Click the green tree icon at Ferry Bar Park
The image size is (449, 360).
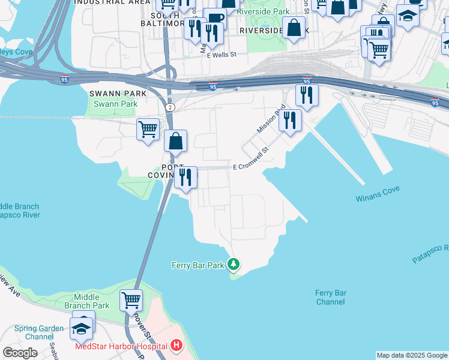[x=234, y=265]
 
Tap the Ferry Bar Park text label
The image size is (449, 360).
[x=197, y=265]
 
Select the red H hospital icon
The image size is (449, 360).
[x=176, y=346]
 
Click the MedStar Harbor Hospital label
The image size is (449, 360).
[x=121, y=347]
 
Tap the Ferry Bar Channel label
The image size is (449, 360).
[x=331, y=297]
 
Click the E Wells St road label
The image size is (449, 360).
[x=222, y=55]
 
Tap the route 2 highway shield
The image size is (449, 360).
[x=170, y=107]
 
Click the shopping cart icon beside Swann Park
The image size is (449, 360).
[x=148, y=128]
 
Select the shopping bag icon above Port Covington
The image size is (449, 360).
[x=176, y=142]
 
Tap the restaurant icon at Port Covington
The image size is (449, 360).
[x=185, y=177]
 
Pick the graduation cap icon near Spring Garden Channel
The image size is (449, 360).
[x=82, y=328]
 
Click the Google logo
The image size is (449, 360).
[x=20, y=352]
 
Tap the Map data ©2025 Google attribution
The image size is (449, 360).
[x=412, y=355]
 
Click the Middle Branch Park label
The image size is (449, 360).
[x=87, y=301]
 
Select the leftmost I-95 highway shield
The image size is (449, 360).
[x=65, y=79]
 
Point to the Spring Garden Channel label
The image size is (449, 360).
[x=34, y=332]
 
